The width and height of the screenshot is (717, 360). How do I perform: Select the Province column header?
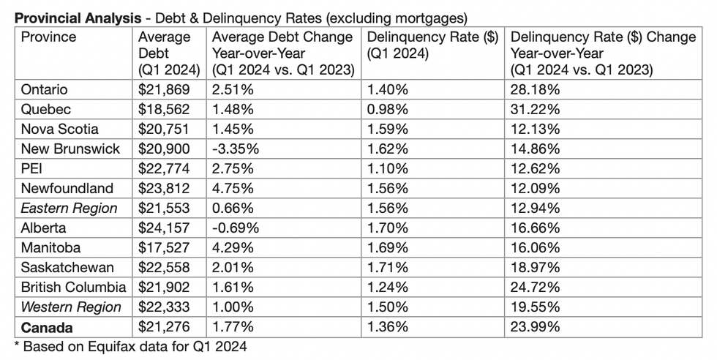click(48, 37)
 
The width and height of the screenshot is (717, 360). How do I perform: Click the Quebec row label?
click(45, 110)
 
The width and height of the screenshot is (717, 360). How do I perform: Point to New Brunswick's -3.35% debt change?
click(236, 149)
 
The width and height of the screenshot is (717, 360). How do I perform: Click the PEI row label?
click(34, 169)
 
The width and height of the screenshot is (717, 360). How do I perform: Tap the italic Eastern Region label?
click(69, 209)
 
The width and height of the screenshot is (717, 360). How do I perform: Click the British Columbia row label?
click(73, 288)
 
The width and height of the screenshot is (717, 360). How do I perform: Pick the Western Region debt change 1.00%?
click(232, 307)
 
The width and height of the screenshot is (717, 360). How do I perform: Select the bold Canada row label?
click(48, 327)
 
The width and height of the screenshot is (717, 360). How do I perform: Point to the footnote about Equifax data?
click(130, 347)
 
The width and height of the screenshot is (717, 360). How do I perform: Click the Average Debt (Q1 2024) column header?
click(169, 53)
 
